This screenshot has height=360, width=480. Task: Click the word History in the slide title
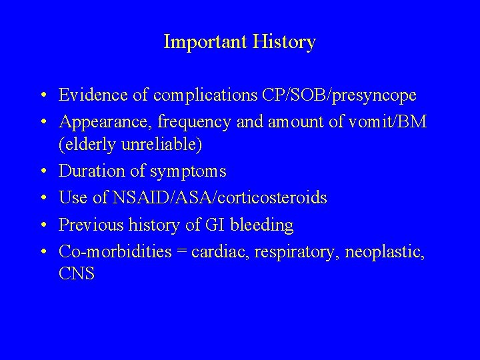coord(285,43)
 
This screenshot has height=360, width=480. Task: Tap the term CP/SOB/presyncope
coord(351,96)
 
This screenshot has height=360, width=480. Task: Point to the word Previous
coord(89,225)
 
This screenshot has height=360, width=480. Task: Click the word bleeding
coord(263,226)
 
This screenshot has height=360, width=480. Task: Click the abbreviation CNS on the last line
coord(77,274)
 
